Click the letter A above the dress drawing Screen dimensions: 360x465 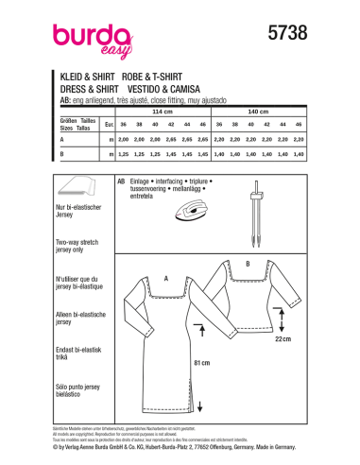(x=164, y=280)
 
